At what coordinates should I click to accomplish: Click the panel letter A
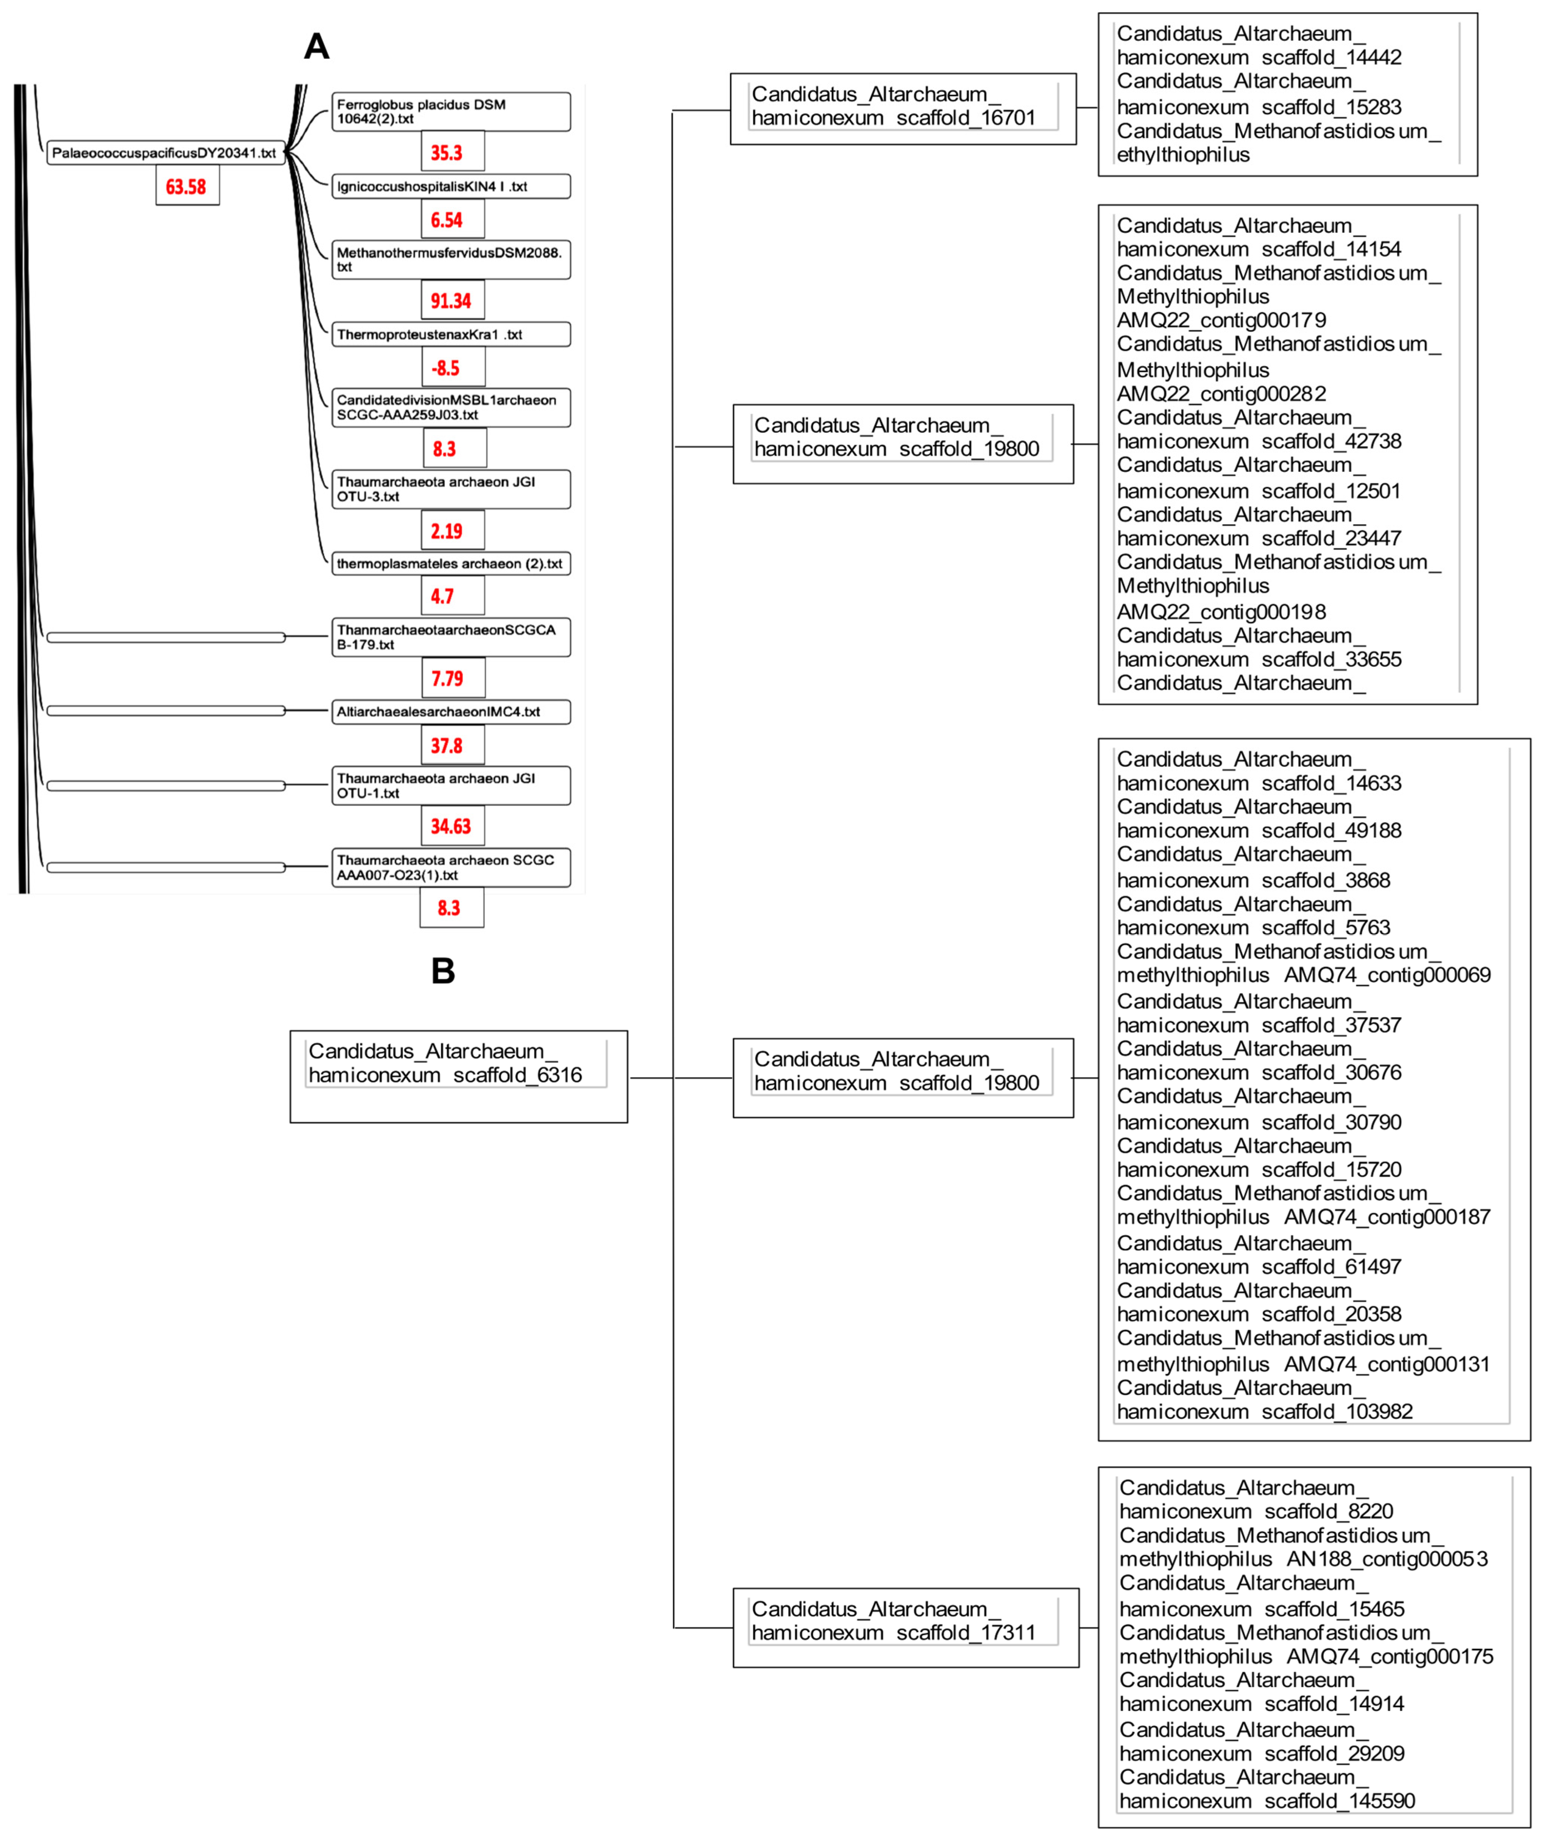(316, 46)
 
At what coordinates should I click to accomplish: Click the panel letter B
(443, 971)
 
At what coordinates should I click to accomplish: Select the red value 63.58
(186, 186)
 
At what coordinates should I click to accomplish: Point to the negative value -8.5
(446, 368)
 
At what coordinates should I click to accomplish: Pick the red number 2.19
(446, 531)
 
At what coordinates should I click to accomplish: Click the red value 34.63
(451, 826)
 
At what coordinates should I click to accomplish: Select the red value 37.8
(446, 746)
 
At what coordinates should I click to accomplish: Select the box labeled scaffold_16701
(902, 109)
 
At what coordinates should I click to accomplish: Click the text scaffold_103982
(1337, 1412)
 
